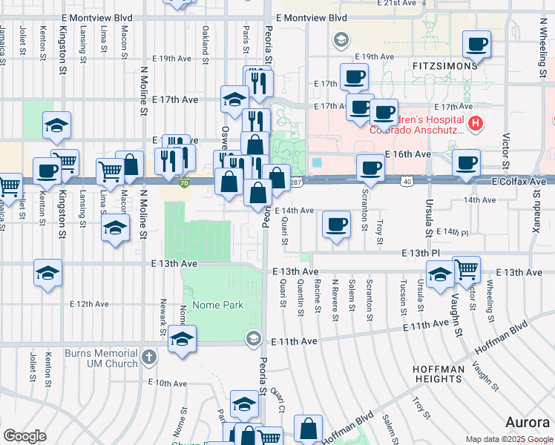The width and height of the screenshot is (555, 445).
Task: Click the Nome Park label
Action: coord(217,305)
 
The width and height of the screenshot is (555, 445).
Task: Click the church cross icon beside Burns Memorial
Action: coord(149,357)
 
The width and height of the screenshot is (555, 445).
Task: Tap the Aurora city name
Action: coord(529,422)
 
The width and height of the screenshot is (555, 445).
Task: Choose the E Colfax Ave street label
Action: coord(518,182)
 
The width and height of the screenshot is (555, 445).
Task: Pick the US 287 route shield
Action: coord(295,182)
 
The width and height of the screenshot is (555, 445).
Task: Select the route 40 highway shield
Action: coord(407,182)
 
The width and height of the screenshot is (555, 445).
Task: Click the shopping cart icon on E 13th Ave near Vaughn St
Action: coord(467,269)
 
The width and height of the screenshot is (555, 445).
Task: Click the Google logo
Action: coord(25,435)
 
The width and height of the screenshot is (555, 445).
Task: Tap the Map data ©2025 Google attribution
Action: coord(508,439)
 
